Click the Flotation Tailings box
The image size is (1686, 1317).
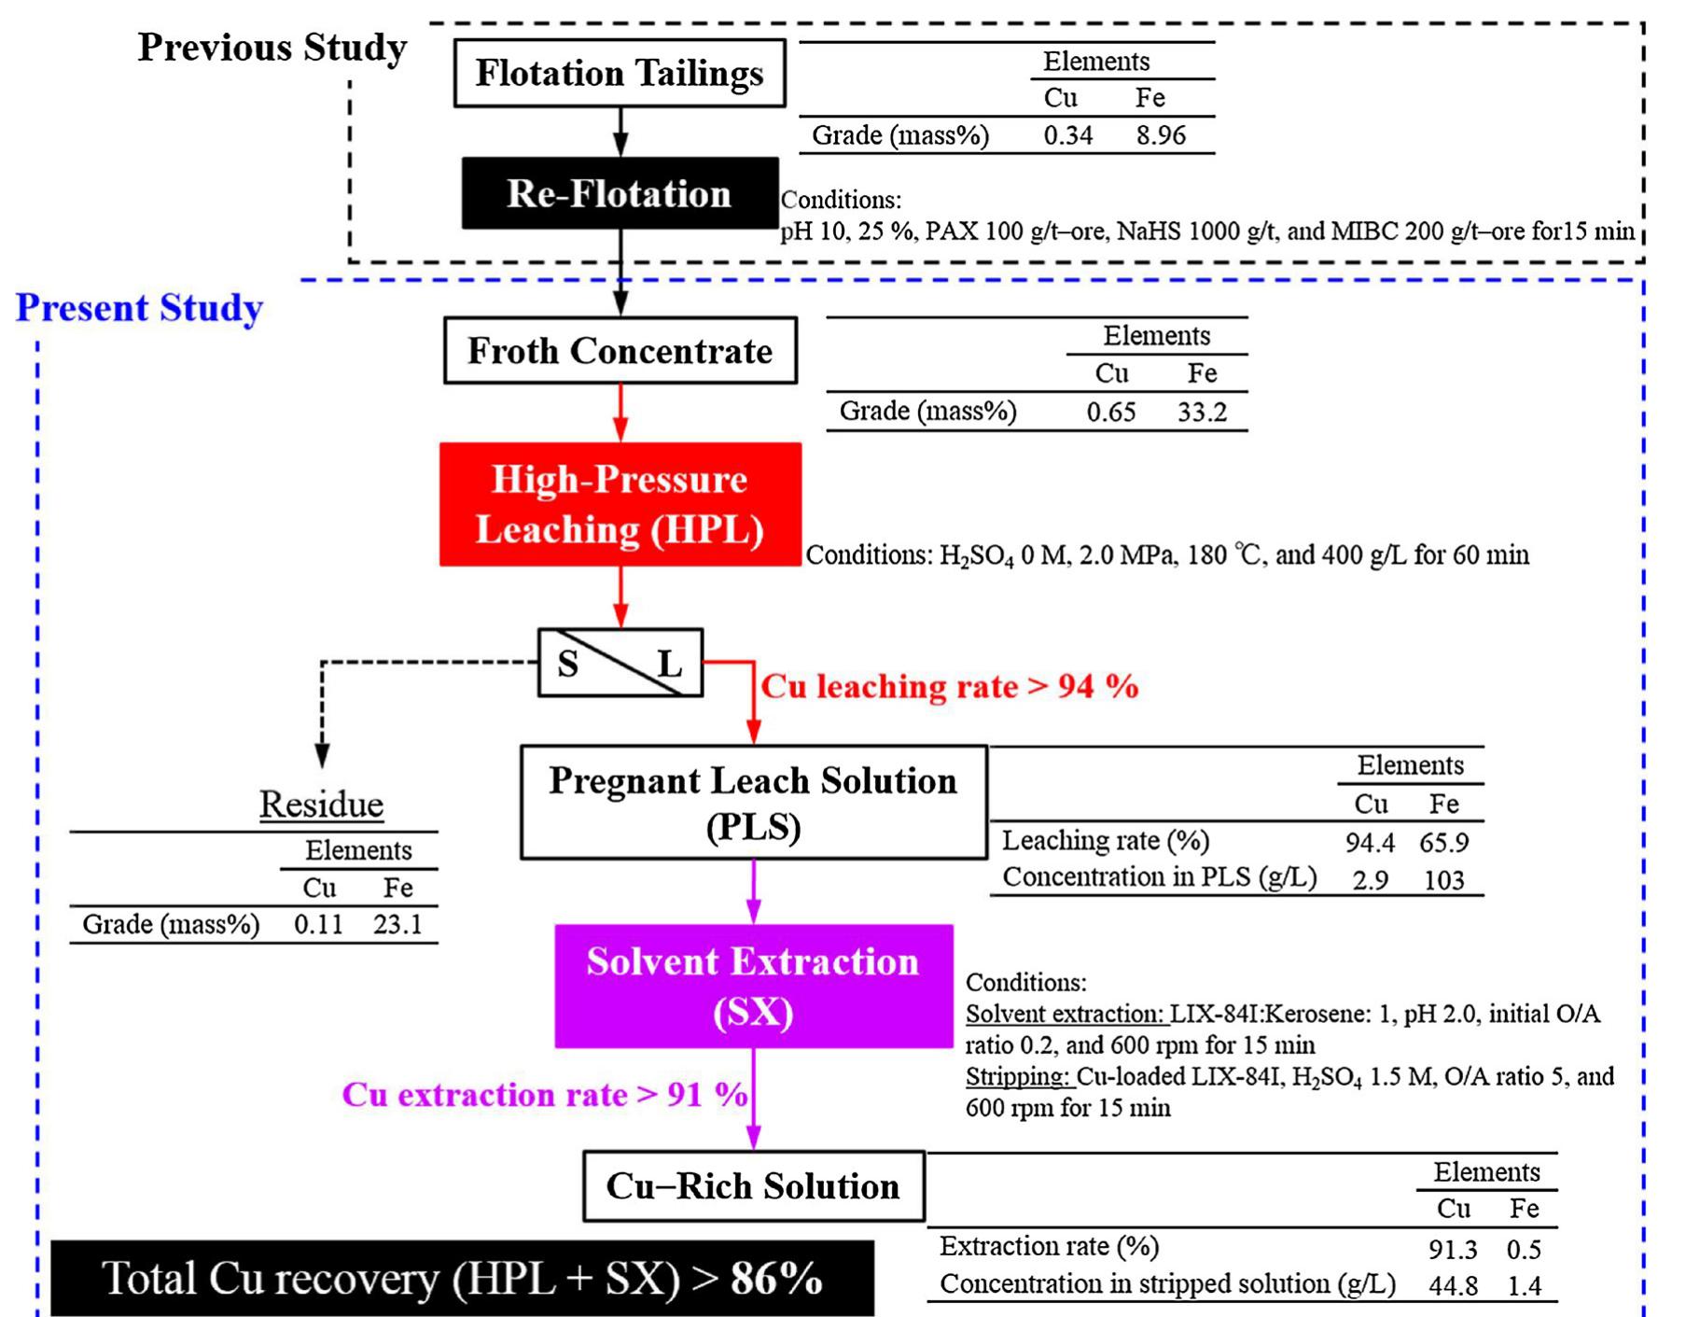(x=620, y=73)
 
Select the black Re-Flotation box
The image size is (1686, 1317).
(x=620, y=193)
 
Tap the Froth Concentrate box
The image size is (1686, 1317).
(x=620, y=351)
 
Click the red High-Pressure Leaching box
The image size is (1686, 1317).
(x=620, y=504)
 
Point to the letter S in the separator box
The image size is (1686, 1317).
(x=567, y=664)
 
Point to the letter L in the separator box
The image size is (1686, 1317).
(x=669, y=664)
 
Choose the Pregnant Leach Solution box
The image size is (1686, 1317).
(x=753, y=803)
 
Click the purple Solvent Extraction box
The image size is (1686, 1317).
(x=753, y=987)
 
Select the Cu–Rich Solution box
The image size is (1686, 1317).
(x=753, y=1186)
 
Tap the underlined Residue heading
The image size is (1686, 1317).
(x=321, y=805)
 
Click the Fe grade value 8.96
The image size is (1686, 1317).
(x=1161, y=135)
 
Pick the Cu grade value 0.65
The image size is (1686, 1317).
(x=1110, y=412)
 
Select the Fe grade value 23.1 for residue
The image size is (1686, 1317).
(x=397, y=924)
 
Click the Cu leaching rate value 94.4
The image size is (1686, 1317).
(x=1370, y=843)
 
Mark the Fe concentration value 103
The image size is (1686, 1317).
(x=1443, y=880)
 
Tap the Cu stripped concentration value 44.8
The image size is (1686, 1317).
(x=1453, y=1286)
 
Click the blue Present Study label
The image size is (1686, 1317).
(x=140, y=308)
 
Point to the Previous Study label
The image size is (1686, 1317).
(x=272, y=48)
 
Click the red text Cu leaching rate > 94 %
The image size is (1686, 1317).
(x=950, y=687)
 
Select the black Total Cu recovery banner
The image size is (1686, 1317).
(x=462, y=1278)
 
